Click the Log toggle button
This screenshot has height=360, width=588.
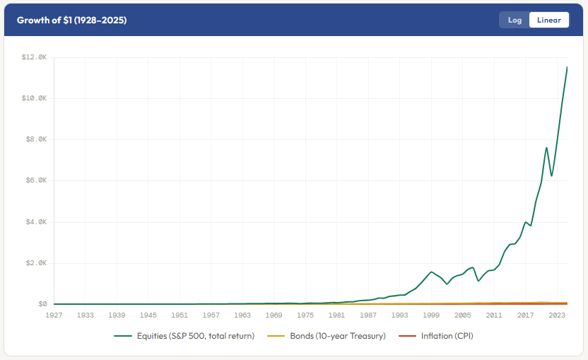pos(514,20)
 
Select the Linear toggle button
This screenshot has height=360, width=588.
pos(549,20)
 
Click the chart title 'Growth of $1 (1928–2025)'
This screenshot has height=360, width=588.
pos(71,21)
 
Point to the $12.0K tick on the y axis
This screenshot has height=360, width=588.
pos(34,57)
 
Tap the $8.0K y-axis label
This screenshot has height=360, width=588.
pos(36,139)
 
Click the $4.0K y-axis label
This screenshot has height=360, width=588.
pos(36,222)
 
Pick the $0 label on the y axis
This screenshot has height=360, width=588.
pos(42,304)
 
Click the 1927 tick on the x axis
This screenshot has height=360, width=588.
pos(54,315)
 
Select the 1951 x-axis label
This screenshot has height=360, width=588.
pos(180,315)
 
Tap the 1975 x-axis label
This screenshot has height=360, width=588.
pos(305,315)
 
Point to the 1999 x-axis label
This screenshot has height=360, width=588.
pos(431,315)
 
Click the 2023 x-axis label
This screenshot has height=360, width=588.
pos(557,315)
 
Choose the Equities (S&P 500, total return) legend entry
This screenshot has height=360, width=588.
pos(184,336)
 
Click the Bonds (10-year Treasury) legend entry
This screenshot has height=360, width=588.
pos(327,336)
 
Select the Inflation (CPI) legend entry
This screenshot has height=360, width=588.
pos(436,336)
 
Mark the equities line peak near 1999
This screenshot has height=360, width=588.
pos(431,272)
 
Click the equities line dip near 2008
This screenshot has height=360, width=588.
pos(478,281)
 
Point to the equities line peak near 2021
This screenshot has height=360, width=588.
pos(546,148)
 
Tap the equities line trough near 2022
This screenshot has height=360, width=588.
pos(552,175)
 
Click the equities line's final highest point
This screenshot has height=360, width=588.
pos(567,67)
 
